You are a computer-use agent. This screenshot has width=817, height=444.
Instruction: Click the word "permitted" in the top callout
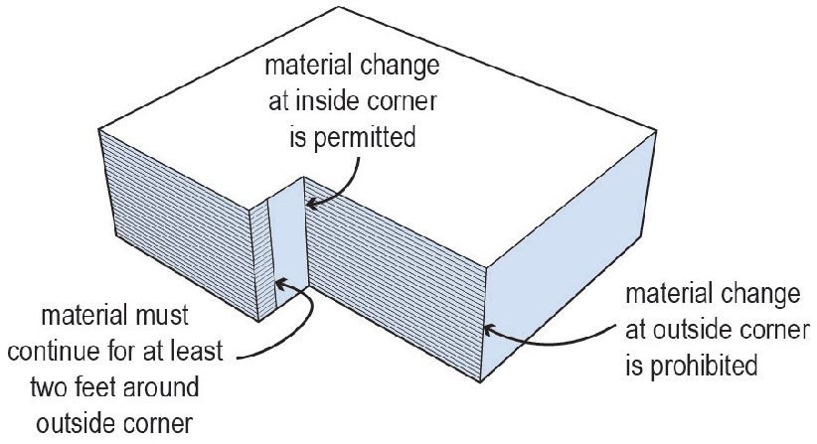tap(364, 138)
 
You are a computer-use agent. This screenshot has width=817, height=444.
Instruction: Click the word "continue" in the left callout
tap(51, 352)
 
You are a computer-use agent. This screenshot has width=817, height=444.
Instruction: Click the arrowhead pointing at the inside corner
tap(311, 204)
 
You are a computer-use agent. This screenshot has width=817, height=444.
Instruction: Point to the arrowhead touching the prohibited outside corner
tap(490, 330)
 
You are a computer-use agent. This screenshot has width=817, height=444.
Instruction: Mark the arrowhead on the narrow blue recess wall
tap(281, 283)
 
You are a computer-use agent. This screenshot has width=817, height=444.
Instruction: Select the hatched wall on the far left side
tap(177, 223)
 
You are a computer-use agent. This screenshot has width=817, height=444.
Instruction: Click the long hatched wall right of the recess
tap(394, 277)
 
